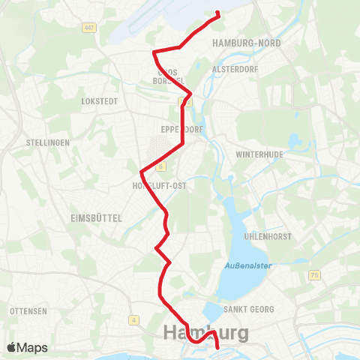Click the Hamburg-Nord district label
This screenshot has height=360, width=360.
click(247, 43)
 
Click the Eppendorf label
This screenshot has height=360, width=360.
click(179, 128)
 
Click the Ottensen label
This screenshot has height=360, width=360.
click(29, 310)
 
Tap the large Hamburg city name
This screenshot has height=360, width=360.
click(206, 333)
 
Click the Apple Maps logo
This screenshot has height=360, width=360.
click(27, 347)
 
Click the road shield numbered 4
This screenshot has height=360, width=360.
click(133, 320)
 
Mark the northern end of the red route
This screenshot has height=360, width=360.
click(217, 13)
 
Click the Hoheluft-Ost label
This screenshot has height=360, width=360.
click(159, 184)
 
